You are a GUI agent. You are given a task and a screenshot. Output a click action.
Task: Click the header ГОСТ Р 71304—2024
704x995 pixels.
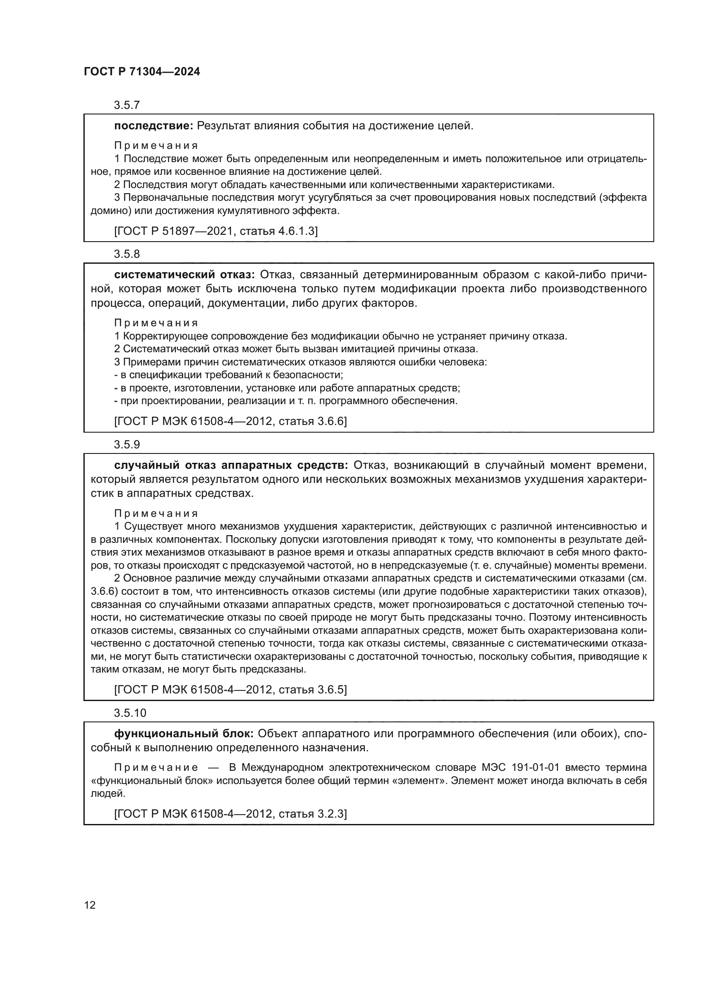coord(142,72)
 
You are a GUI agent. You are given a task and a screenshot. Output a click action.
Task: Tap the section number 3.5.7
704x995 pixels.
coord(126,105)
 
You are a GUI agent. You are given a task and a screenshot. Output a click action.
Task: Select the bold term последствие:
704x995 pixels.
coord(154,126)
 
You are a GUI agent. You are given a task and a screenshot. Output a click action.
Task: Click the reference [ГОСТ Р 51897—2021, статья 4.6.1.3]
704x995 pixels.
coord(216,231)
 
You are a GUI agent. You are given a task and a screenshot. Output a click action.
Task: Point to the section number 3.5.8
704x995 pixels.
coord(126,254)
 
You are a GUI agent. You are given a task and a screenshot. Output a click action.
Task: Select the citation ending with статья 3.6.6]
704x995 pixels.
coord(231,421)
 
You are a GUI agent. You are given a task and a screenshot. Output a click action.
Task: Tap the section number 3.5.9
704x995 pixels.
coord(126,445)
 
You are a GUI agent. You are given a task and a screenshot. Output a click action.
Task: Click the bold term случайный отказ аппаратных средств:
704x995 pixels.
coord(231,465)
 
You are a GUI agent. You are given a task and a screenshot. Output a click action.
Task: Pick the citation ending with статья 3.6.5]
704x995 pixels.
coord(231,690)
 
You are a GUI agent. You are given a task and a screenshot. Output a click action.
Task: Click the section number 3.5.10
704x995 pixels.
coord(130,713)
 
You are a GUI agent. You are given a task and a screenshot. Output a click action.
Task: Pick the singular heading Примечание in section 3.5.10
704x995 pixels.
coord(156,767)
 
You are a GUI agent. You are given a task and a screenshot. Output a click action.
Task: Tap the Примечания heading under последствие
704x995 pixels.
coord(156,145)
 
